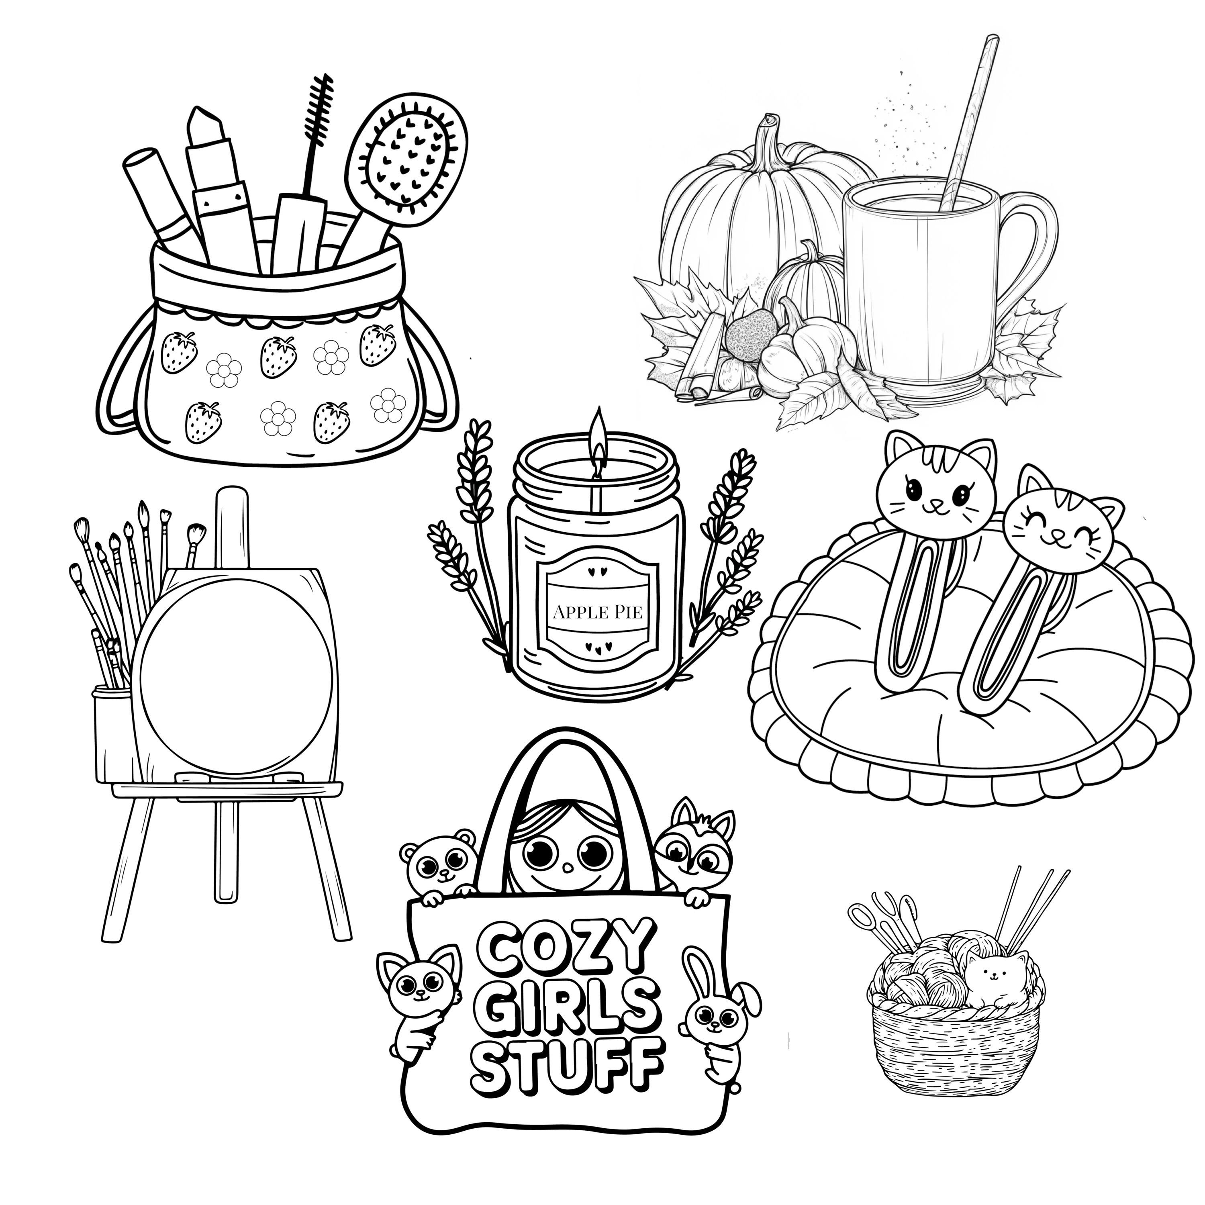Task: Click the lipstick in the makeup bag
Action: [215, 168]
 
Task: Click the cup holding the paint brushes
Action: [112, 733]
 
